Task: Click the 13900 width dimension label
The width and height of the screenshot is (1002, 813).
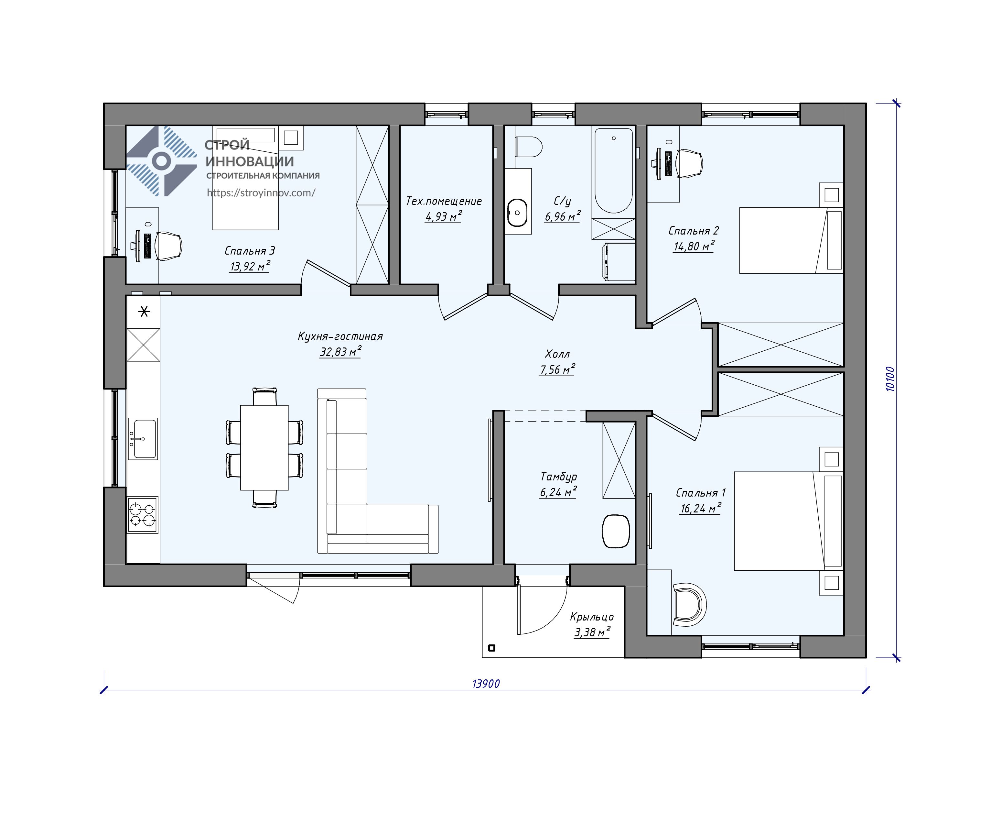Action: (x=486, y=684)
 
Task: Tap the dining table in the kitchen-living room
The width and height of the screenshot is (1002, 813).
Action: (x=264, y=447)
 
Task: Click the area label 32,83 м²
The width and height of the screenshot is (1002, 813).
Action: (x=340, y=352)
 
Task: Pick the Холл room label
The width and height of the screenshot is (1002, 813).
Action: (x=557, y=354)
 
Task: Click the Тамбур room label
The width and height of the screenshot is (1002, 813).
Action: (x=558, y=477)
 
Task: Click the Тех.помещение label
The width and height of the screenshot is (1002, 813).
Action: (x=444, y=201)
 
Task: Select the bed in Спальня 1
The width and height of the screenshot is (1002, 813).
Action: (x=789, y=521)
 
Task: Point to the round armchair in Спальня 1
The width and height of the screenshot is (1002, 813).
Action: (x=689, y=604)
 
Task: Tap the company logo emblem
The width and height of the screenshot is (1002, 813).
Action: (x=161, y=161)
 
